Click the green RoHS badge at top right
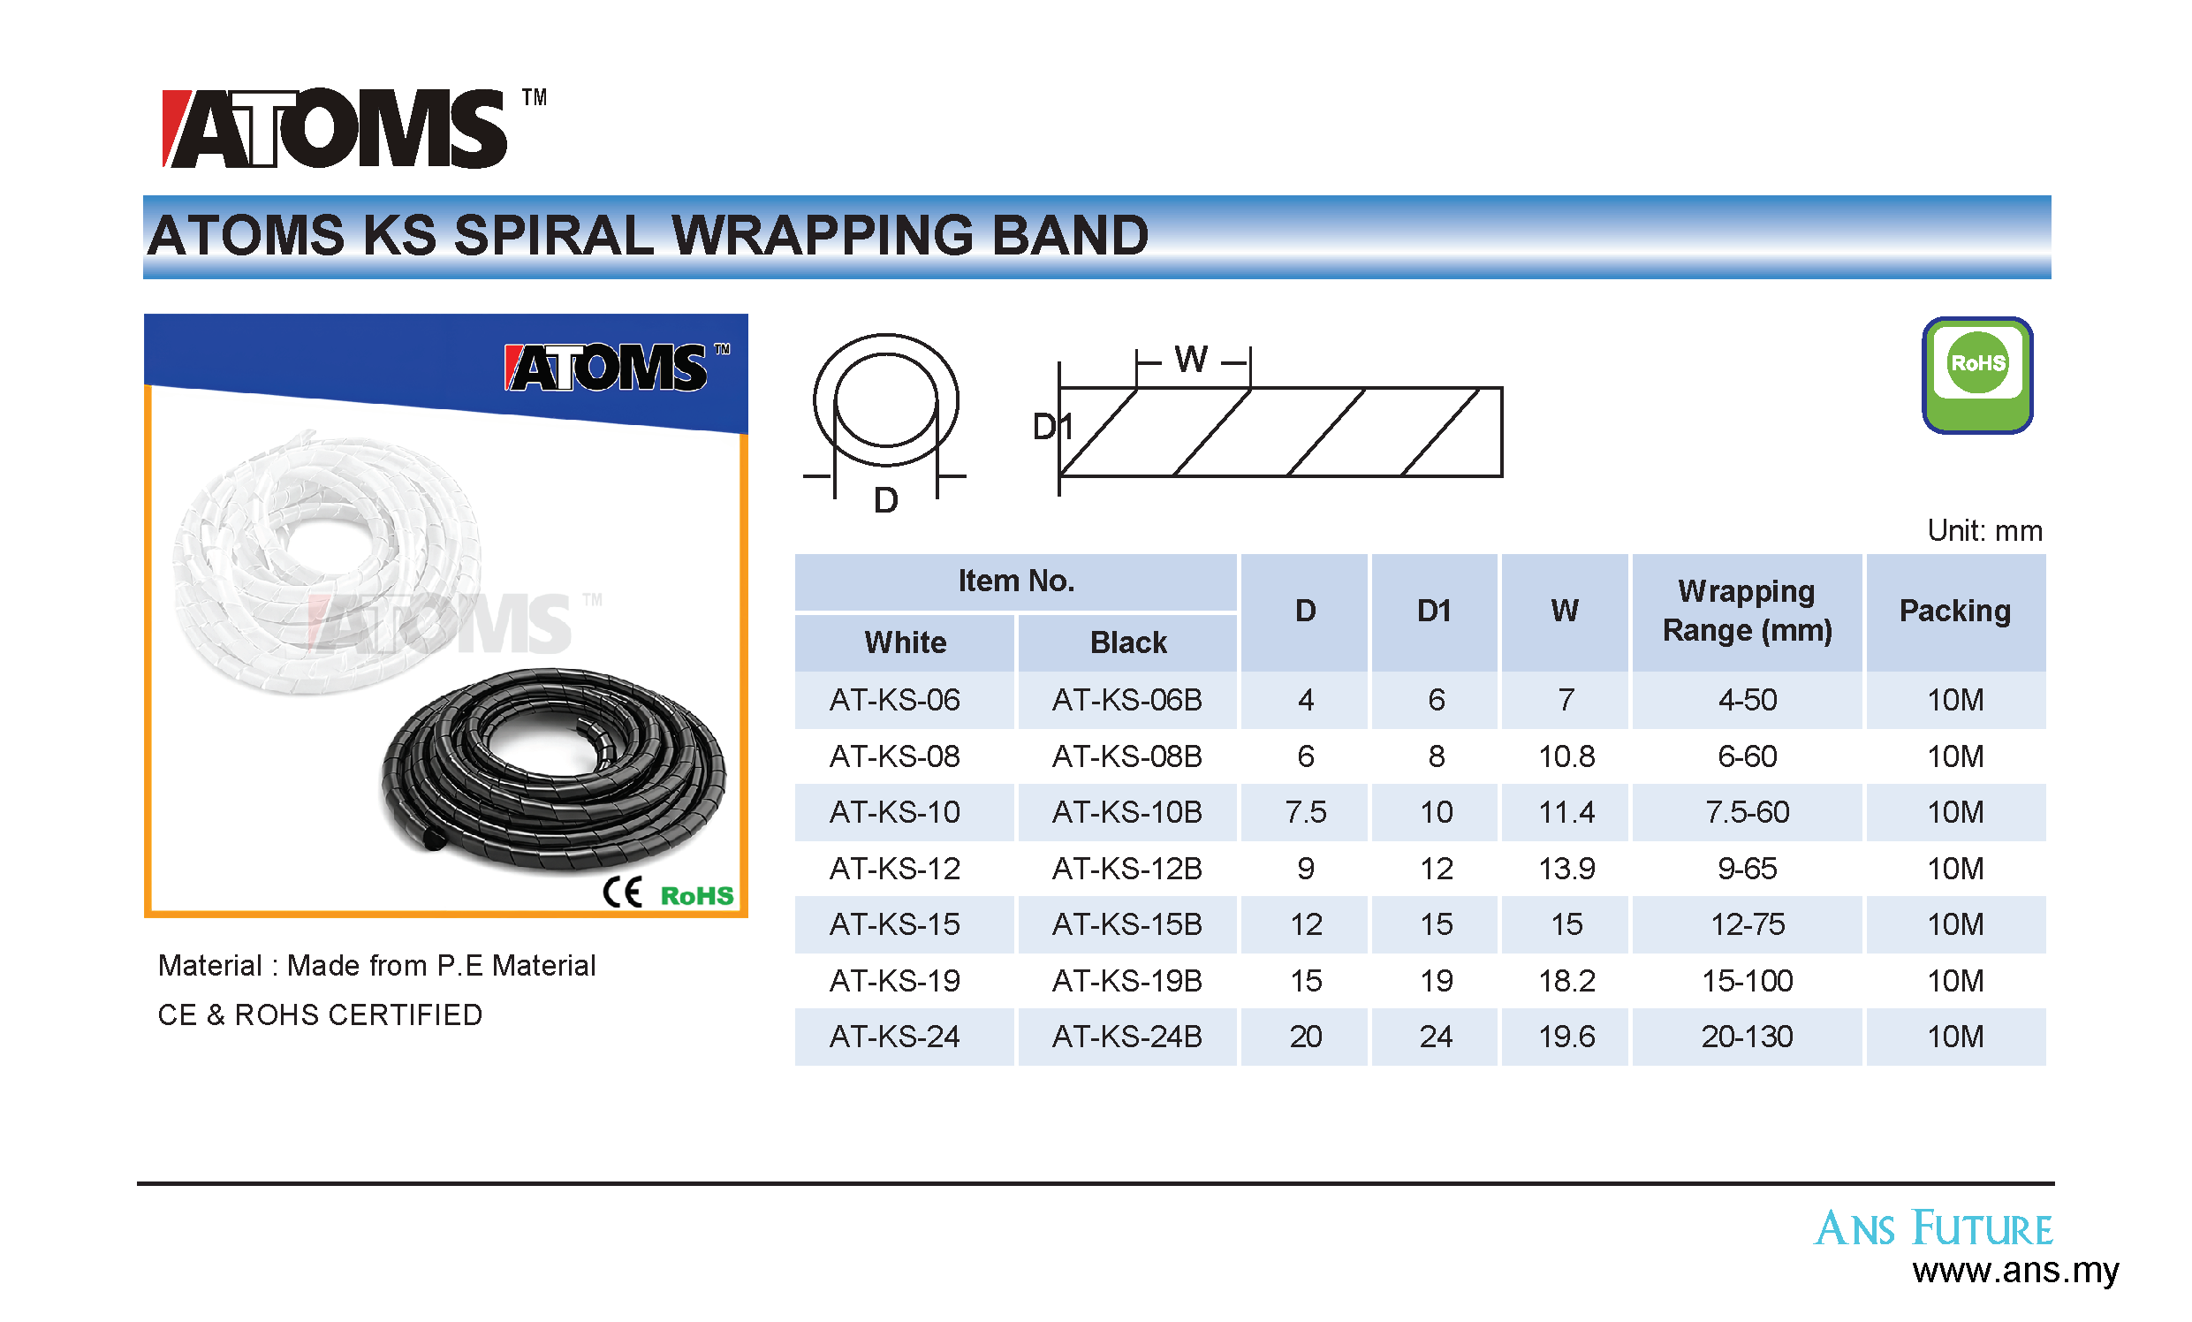point(1976,375)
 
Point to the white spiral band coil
point(327,560)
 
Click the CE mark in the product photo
point(622,892)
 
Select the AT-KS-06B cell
point(1126,700)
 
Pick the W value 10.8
point(1566,756)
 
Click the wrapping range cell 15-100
point(1747,980)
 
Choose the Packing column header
point(1954,611)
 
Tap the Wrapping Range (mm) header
point(1748,611)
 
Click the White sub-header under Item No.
point(905,642)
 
